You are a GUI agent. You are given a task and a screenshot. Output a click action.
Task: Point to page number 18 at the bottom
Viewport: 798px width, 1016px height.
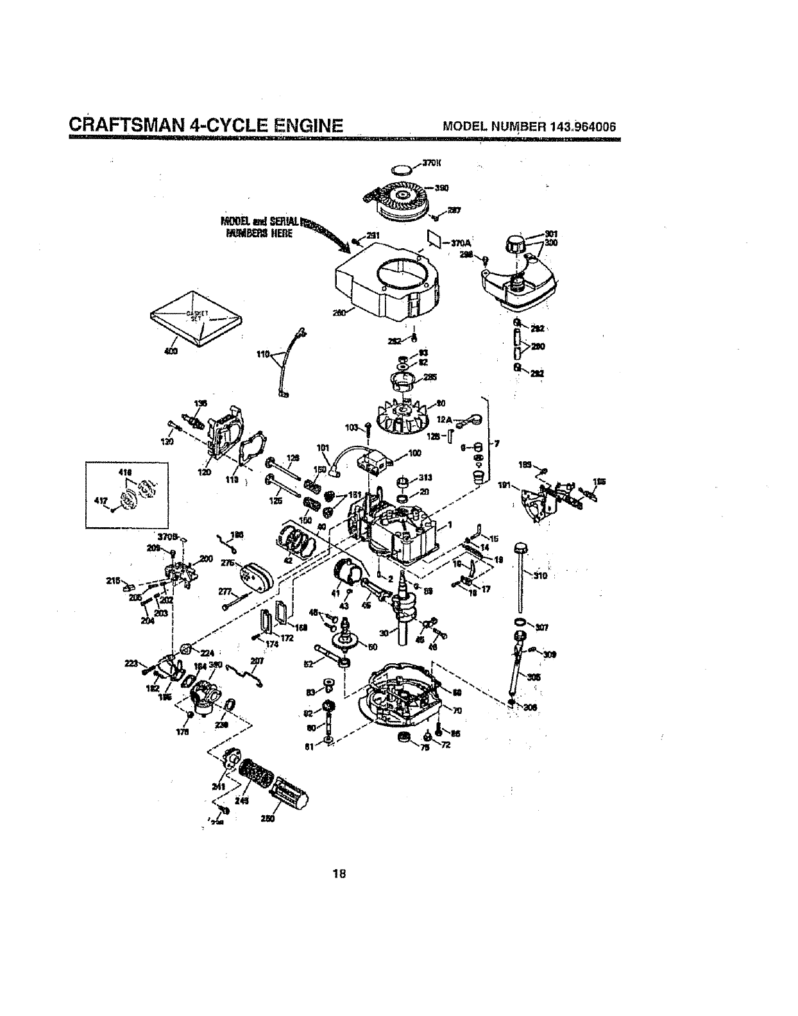tap(339, 873)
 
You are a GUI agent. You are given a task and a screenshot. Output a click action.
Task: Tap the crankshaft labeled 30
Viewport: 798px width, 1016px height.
tap(402, 609)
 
